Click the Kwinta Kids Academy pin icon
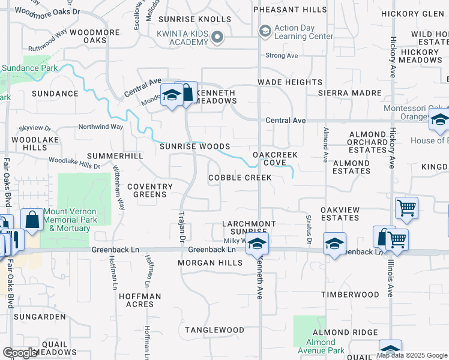tap(218, 37)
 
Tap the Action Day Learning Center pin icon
tap(264, 31)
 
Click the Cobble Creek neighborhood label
tap(240, 178)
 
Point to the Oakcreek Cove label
tap(275, 158)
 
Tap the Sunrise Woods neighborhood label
tap(194, 146)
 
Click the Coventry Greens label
tap(150, 190)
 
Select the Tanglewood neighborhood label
tap(214, 330)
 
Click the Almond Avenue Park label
tap(321, 346)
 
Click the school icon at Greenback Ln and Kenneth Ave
tap(257, 244)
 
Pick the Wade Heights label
tap(290, 82)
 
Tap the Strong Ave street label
tap(282, 56)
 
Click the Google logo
tap(20, 353)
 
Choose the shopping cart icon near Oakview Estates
tap(406, 208)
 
